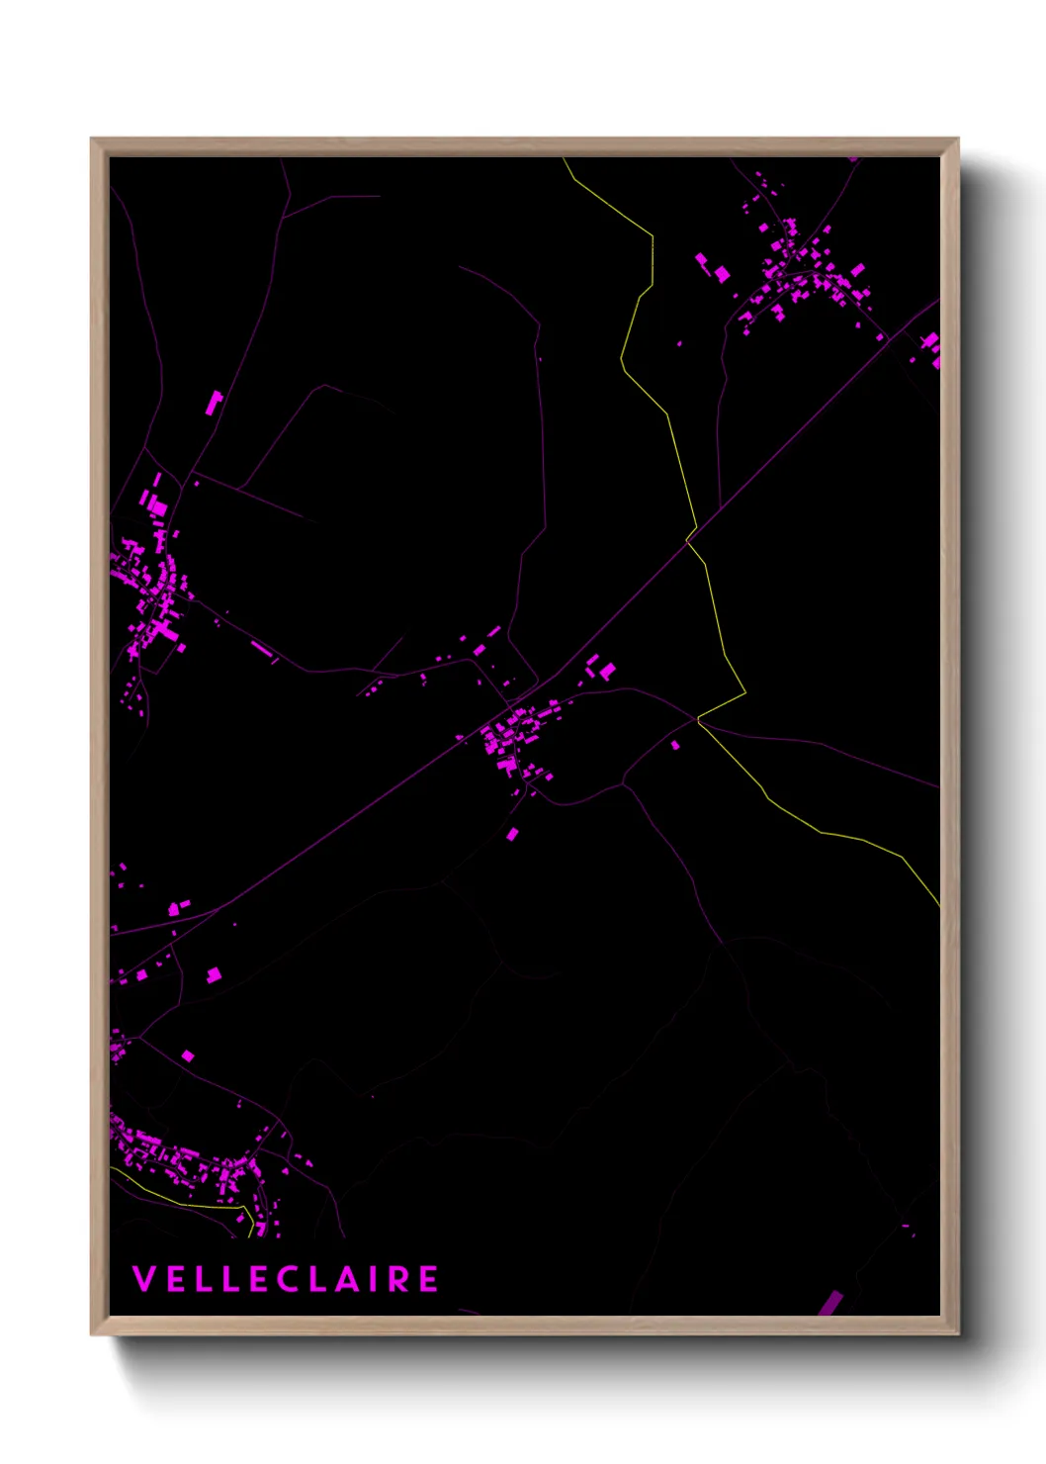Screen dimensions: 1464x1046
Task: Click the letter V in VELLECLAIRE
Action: (x=143, y=1279)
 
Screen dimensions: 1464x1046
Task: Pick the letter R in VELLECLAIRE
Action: (x=397, y=1279)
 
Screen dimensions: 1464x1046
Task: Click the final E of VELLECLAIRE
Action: (x=429, y=1279)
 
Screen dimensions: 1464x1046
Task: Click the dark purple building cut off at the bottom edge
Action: (x=830, y=1304)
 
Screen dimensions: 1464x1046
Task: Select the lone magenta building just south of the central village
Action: (x=512, y=835)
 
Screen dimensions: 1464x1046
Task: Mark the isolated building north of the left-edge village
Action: (x=215, y=402)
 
